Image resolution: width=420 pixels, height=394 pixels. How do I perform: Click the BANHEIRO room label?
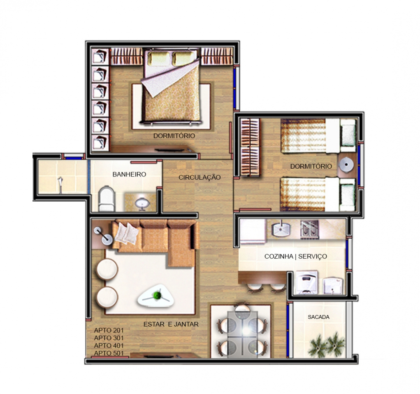tap(129, 174)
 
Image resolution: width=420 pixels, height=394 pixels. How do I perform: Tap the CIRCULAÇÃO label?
tap(200, 177)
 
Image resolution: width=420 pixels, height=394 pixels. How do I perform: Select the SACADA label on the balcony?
tap(318, 317)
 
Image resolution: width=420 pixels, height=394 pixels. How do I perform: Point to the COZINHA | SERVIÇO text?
tap(296, 257)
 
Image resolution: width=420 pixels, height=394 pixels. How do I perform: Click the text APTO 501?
tap(109, 353)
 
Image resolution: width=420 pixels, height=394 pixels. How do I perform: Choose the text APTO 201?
tap(109, 330)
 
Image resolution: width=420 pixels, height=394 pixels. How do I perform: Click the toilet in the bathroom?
tap(107, 199)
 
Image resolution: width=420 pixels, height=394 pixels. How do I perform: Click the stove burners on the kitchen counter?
tap(310, 229)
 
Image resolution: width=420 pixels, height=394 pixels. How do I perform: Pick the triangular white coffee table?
tap(155, 295)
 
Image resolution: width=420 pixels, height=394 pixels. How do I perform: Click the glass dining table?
tap(242, 334)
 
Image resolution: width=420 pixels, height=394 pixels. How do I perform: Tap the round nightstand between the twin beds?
tap(346, 165)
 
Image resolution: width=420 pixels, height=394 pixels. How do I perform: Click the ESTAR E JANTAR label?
tap(171, 324)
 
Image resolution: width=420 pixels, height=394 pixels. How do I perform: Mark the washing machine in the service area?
tap(306, 282)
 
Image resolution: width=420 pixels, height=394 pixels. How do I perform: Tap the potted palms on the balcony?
tap(327, 345)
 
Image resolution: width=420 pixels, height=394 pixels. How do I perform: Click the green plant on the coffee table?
tap(157, 295)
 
